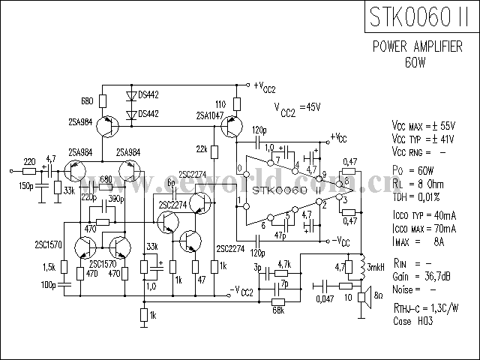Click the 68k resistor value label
click(x=278, y=310)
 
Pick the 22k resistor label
click(x=202, y=148)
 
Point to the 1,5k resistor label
click(x=50, y=267)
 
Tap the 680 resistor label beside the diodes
click(x=87, y=100)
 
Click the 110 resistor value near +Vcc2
click(x=220, y=103)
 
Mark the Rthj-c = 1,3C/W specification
click(x=424, y=308)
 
